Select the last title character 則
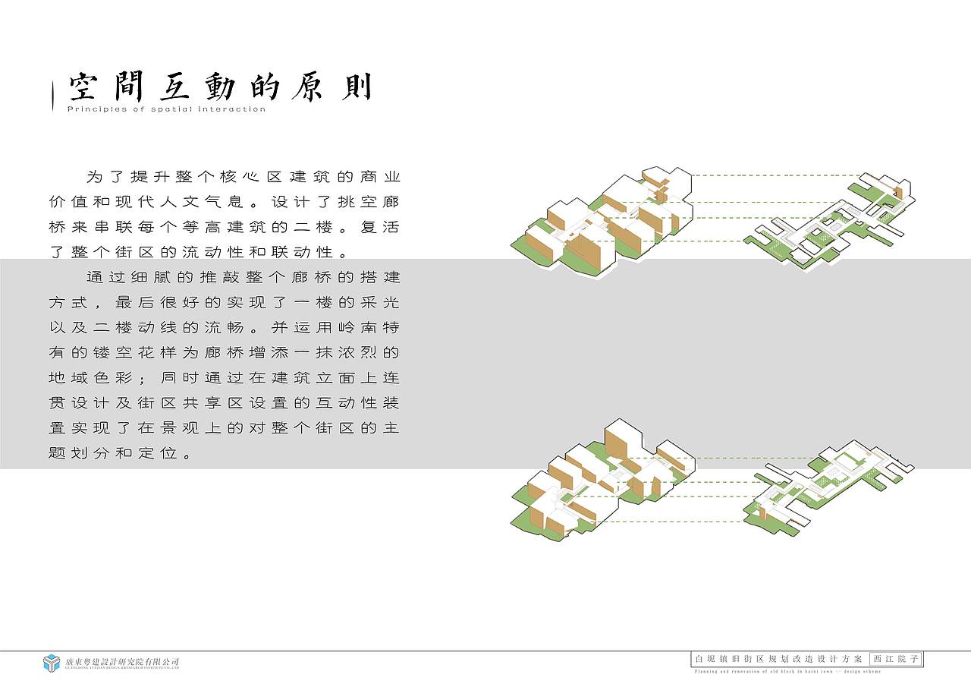pyautogui.click(x=356, y=87)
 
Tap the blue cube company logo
pyautogui.click(x=52, y=663)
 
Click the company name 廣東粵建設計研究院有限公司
pyautogui.click(x=122, y=662)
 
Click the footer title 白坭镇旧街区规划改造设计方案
pyautogui.click(x=779, y=660)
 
